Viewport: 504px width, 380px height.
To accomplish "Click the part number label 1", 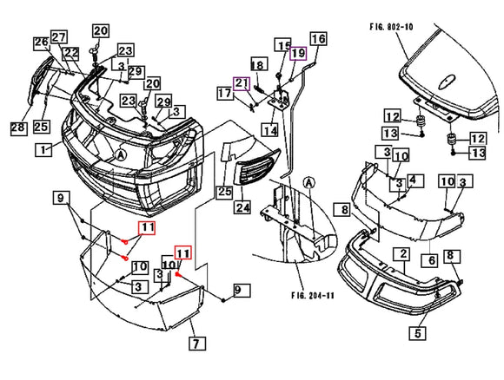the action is [43, 150].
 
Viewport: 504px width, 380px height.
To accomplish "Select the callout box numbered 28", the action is [18, 128].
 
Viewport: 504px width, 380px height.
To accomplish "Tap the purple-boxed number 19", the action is [298, 53].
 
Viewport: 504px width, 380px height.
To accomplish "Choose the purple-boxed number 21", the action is [242, 84].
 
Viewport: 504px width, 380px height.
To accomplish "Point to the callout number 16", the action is [318, 38].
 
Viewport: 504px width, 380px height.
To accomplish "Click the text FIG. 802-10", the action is [391, 27].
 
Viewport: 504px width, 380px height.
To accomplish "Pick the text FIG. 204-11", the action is [313, 295].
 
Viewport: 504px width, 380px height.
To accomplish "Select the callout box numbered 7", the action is [196, 344].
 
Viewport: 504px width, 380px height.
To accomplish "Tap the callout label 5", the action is [417, 333].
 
